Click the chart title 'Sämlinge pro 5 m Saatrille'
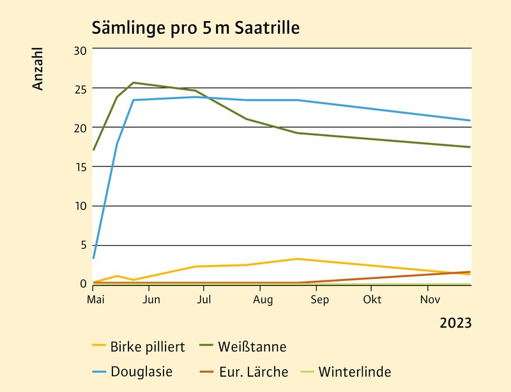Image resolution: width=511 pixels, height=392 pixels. click(x=195, y=28)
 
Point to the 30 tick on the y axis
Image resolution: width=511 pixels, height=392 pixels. click(x=80, y=49)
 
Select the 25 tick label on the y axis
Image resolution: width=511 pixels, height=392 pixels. click(x=80, y=88)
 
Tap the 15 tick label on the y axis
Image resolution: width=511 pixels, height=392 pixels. click(x=80, y=167)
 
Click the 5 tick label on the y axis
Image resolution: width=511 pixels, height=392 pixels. click(x=82, y=245)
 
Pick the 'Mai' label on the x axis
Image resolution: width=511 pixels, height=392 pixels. click(x=94, y=299)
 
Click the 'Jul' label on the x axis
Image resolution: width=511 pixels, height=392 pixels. click(x=203, y=299)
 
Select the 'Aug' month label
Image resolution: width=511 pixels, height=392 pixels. click(x=263, y=299)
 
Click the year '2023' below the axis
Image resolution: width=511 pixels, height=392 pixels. click(x=455, y=323)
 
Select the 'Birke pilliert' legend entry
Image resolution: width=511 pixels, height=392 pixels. click(x=148, y=347)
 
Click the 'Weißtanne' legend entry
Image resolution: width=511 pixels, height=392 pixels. click(x=252, y=347)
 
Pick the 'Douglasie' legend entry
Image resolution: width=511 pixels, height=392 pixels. click(x=141, y=372)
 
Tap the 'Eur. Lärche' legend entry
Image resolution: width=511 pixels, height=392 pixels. click(x=254, y=372)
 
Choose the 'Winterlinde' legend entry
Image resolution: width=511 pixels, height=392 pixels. click(x=355, y=372)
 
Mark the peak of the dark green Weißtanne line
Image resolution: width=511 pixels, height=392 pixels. click(x=133, y=82)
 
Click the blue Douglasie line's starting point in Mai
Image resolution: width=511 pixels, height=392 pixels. click(x=93, y=259)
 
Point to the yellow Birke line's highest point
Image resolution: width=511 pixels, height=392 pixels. click(x=297, y=259)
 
